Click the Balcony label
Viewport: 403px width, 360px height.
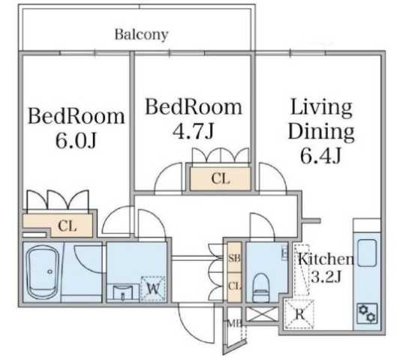[x=141, y=34]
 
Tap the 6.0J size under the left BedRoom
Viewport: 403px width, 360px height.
[x=76, y=140]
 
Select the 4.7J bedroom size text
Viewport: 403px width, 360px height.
[x=193, y=131]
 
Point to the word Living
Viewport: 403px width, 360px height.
[x=321, y=108]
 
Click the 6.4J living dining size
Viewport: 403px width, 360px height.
[x=320, y=155]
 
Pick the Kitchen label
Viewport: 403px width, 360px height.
[x=326, y=259]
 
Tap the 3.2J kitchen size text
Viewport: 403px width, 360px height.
[x=326, y=277]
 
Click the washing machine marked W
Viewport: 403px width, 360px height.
[x=153, y=289]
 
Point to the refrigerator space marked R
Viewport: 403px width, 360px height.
[x=299, y=314]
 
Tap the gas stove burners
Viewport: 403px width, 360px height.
[x=367, y=313]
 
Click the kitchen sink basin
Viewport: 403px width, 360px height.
[x=367, y=253]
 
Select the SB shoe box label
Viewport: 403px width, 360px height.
[x=234, y=258]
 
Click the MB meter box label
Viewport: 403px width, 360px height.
[x=235, y=323]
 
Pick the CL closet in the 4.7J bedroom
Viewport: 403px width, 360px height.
[x=221, y=178]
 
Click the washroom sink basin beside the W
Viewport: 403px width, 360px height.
[x=123, y=292]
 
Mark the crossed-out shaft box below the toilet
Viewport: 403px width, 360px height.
[x=262, y=314]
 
